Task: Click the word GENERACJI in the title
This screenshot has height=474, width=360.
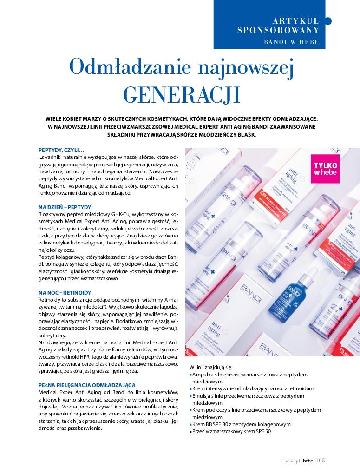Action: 182,94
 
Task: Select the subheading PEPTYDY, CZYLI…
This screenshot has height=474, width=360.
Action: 61,150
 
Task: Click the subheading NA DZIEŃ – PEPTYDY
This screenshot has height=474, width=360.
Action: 65,207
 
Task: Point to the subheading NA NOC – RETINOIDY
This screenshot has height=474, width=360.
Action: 65,292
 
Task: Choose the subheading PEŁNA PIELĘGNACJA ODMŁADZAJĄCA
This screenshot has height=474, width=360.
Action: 87,385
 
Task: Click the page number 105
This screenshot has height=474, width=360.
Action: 321,461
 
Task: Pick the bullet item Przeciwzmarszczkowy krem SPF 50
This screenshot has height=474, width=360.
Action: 231,431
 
